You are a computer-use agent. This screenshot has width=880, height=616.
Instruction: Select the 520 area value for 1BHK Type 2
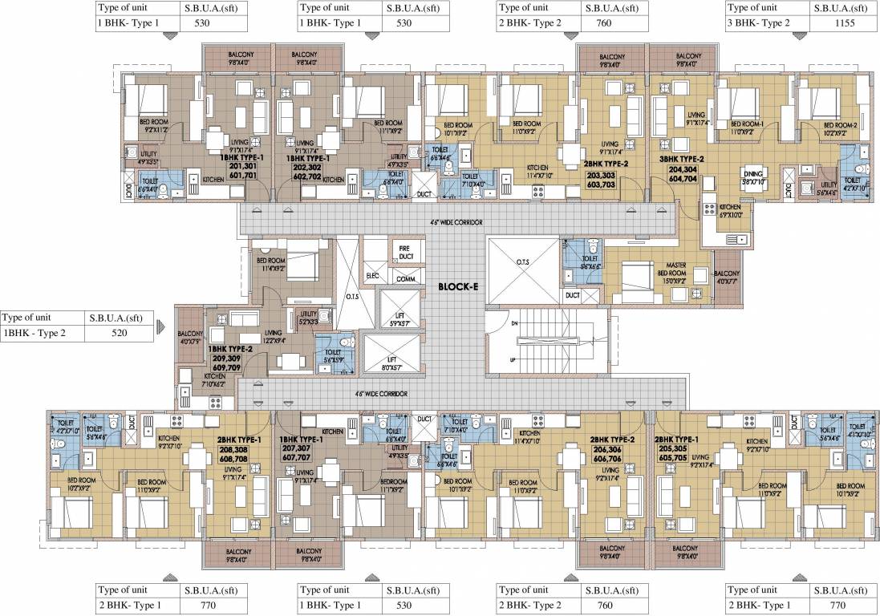coord(118,333)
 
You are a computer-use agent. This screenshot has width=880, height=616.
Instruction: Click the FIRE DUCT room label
coord(404,253)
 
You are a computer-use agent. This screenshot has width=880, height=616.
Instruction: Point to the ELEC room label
coord(373,275)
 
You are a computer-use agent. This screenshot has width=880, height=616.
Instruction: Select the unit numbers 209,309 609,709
coord(230,363)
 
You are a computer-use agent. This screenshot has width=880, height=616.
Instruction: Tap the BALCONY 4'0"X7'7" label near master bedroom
coord(727,277)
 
